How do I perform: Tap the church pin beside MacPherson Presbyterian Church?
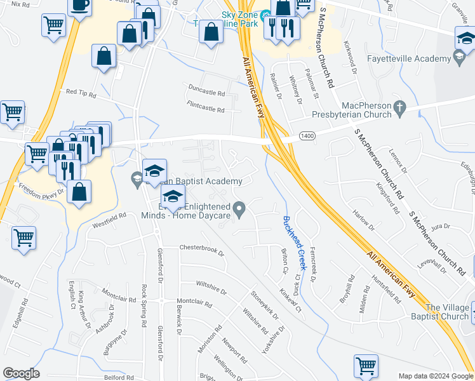click(x=399, y=109)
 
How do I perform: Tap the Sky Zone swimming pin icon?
click(x=265, y=15)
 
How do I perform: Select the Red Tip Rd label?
click(x=81, y=94)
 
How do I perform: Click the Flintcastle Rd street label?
click(x=205, y=107)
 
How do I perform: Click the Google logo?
click(x=21, y=373)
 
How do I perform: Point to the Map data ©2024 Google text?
click(x=435, y=376)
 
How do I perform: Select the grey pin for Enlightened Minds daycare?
click(x=239, y=208)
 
